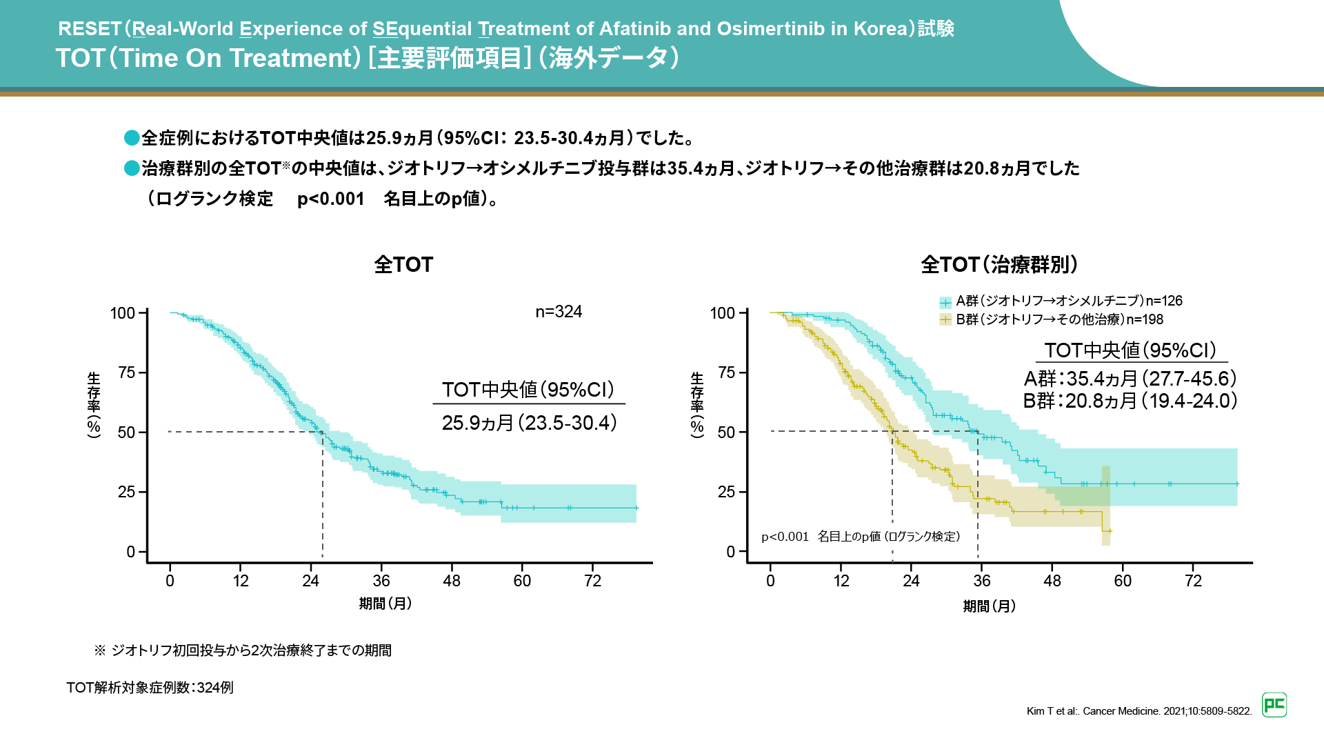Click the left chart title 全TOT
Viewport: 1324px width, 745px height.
point(403,265)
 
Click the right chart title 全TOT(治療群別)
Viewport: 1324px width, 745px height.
point(999,265)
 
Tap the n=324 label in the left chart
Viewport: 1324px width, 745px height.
point(559,312)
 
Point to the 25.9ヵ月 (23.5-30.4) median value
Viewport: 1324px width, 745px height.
point(529,423)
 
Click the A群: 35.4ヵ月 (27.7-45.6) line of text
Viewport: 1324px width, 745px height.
point(1130,379)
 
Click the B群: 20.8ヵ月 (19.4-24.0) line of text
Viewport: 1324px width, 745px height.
point(1130,401)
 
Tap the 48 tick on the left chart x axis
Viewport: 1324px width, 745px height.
point(452,581)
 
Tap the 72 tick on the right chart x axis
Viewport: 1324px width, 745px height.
point(1193,581)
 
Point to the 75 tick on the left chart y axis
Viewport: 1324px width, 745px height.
point(127,373)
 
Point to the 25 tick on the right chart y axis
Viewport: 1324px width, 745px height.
point(726,493)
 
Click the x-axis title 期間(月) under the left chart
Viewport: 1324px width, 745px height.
point(385,604)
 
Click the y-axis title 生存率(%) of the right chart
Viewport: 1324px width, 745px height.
point(697,404)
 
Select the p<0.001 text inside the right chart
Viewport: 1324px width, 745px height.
point(785,537)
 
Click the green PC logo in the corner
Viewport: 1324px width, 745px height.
point(1274,705)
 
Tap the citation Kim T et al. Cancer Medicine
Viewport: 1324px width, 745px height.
point(1139,711)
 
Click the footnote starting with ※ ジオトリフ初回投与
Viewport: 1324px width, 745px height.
point(243,650)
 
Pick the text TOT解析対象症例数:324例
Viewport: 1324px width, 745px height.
point(150,688)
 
